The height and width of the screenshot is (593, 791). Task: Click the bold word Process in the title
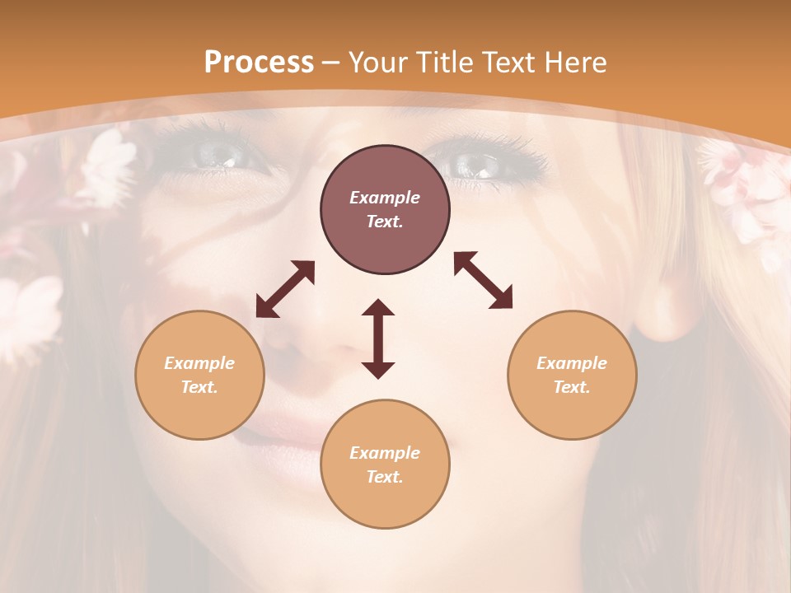click(x=259, y=63)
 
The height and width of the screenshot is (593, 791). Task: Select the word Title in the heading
click(x=444, y=63)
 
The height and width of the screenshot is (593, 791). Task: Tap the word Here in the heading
click(x=577, y=63)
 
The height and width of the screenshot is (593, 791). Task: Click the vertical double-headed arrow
click(x=378, y=339)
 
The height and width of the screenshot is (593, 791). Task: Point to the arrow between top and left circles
click(x=285, y=289)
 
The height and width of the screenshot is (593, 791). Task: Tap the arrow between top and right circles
click(x=483, y=280)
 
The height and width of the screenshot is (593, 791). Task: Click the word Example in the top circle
click(x=385, y=198)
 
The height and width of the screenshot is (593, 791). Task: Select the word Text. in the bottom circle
click(x=385, y=477)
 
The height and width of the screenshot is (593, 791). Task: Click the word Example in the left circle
click(x=199, y=363)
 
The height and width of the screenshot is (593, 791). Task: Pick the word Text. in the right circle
click(x=572, y=387)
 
